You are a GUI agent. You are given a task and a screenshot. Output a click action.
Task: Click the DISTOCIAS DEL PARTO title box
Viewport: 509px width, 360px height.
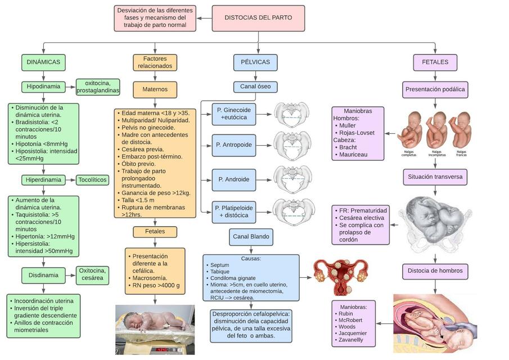[x=258, y=18]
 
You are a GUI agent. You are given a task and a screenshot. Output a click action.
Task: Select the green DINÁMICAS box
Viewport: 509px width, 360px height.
[x=43, y=62]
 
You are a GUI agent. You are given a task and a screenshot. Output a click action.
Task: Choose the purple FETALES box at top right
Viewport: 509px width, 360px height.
[x=435, y=62]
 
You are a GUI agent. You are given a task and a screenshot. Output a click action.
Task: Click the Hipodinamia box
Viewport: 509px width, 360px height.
[x=43, y=87]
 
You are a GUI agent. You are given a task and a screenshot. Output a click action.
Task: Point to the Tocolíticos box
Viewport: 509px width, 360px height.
[x=92, y=180]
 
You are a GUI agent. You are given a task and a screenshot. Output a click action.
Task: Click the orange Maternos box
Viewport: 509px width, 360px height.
[x=155, y=89]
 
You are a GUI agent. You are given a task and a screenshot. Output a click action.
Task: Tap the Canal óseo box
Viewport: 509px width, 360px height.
[x=255, y=87]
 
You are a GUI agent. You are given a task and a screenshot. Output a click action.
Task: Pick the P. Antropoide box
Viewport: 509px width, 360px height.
[x=233, y=145]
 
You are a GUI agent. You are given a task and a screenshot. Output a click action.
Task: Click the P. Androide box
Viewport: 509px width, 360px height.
[x=233, y=179]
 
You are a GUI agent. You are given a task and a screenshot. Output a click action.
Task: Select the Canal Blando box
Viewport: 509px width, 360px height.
[x=251, y=237]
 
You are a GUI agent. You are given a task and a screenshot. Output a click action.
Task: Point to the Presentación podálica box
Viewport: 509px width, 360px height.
[x=435, y=89]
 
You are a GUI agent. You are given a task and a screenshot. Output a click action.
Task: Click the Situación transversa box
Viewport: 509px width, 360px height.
[x=435, y=177]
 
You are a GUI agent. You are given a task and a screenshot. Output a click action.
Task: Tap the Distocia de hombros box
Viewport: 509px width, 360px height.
[x=435, y=271]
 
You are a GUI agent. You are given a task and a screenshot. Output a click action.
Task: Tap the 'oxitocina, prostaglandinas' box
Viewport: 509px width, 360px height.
[x=98, y=87]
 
